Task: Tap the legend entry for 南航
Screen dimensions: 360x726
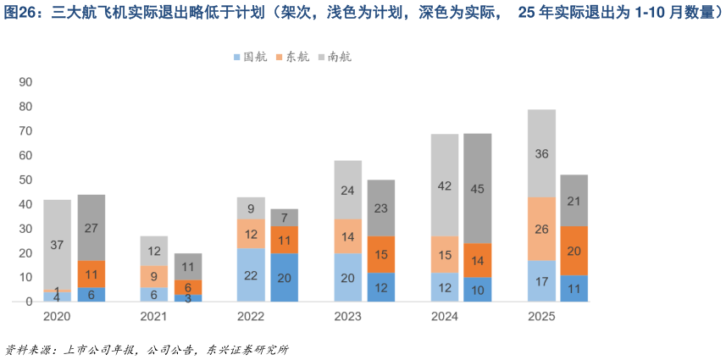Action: click(x=335, y=58)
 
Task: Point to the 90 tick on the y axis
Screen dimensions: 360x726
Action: click(x=25, y=82)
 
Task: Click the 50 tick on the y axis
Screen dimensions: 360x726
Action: click(x=25, y=180)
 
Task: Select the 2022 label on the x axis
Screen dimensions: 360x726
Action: click(x=250, y=316)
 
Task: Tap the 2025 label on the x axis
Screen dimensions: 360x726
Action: click(x=541, y=316)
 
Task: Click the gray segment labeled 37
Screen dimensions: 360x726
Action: click(x=57, y=245)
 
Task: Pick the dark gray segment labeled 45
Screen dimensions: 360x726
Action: click(x=477, y=189)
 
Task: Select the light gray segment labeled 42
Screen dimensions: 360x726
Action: click(x=444, y=186)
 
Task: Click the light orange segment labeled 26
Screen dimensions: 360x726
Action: click(x=541, y=229)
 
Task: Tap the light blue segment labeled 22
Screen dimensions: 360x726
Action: click(x=251, y=275)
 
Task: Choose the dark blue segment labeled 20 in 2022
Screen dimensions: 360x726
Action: click(x=284, y=278)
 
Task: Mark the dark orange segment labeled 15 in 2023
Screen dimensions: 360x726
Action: click(x=380, y=254)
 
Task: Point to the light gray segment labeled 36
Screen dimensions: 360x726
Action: click(x=541, y=153)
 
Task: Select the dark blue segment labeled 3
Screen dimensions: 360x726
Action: click(x=187, y=298)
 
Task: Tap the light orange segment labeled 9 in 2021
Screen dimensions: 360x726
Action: click(x=154, y=276)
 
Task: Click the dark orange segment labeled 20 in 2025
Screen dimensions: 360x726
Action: click(x=574, y=251)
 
